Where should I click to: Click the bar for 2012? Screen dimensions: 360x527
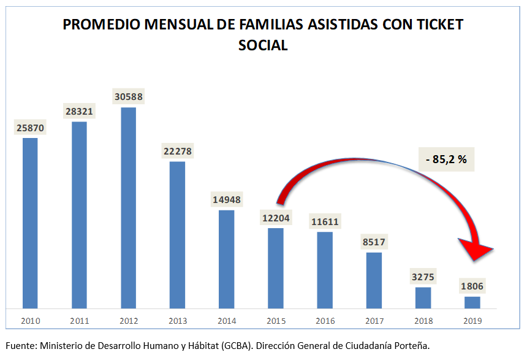128,208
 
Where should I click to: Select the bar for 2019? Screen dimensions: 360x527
472,302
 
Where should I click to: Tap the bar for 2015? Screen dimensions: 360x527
276,268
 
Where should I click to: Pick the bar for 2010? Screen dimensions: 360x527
30,223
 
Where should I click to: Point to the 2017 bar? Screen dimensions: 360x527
374,280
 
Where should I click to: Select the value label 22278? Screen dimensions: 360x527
177,151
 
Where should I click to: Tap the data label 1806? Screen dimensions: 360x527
472,286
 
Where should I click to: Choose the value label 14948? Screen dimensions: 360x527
226,199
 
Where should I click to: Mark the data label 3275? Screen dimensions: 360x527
423,277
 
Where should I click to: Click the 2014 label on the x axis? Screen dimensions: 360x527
226,321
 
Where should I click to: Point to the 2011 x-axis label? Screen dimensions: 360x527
79,321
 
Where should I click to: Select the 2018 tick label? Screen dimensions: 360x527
423,321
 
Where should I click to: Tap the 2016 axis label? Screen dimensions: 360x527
325,321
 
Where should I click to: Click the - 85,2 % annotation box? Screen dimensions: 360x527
446,159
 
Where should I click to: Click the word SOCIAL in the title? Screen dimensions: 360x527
263,45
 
